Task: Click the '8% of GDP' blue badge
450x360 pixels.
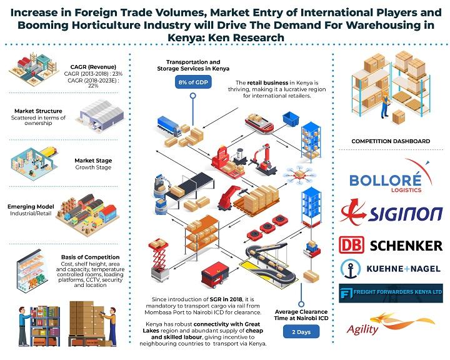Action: click(x=193, y=82)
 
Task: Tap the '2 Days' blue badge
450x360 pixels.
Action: click(x=301, y=332)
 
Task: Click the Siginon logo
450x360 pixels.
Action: click(x=391, y=212)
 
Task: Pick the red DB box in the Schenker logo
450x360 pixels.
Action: click(x=351, y=245)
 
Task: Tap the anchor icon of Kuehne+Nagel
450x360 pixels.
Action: click(x=351, y=269)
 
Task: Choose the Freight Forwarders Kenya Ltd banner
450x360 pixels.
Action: click(x=391, y=293)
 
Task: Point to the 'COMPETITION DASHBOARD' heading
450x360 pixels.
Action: click(x=391, y=141)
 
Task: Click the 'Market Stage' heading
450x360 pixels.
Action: click(x=93, y=161)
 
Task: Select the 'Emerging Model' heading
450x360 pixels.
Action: click(x=31, y=207)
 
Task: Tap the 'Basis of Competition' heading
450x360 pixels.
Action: click(x=90, y=257)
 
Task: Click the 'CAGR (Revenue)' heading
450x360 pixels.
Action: click(x=93, y=67)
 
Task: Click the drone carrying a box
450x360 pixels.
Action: click(x=299, y=174)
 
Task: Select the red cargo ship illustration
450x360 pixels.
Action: click(x=259, y=124)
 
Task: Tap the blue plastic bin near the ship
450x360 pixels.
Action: click(x=291, y=119)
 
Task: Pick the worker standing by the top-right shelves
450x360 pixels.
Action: click(x=384, y=104)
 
